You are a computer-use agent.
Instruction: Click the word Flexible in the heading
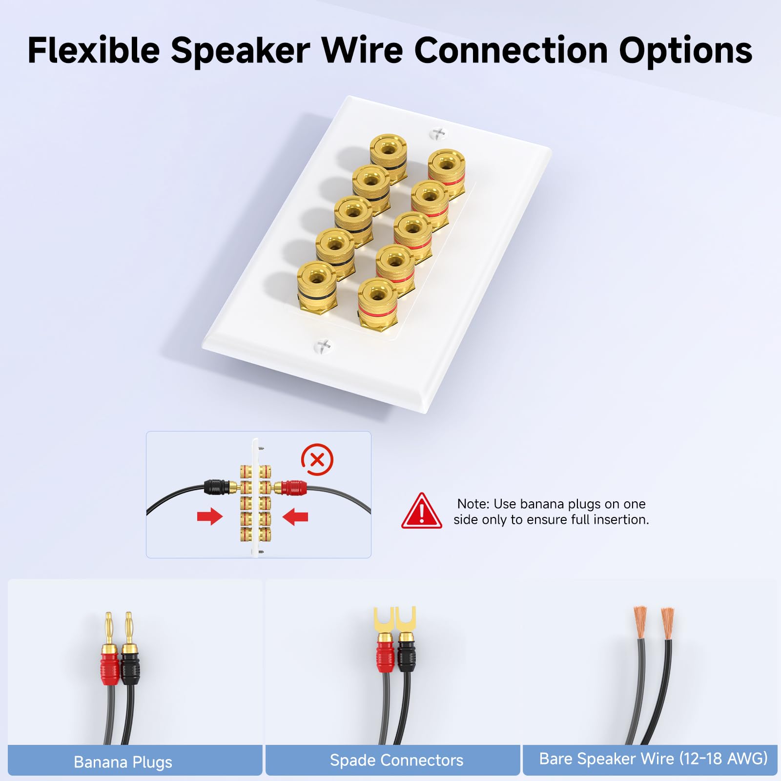94,50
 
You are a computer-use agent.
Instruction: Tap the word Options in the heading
686,50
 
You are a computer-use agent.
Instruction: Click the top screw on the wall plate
438,133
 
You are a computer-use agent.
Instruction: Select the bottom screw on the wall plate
323,346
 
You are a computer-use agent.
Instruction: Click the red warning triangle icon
422,511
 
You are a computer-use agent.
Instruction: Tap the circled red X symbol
317,460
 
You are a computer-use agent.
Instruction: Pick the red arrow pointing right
210,516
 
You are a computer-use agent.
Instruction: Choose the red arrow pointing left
295,516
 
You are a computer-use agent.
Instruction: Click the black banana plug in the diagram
217,487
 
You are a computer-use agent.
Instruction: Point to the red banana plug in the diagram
291,487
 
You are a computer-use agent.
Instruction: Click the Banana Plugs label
123,762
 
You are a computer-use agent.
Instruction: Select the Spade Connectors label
396,760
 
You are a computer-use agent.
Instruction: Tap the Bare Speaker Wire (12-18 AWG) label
653,759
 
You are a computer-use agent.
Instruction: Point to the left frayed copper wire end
640,622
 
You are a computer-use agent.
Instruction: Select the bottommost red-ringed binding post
377,303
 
